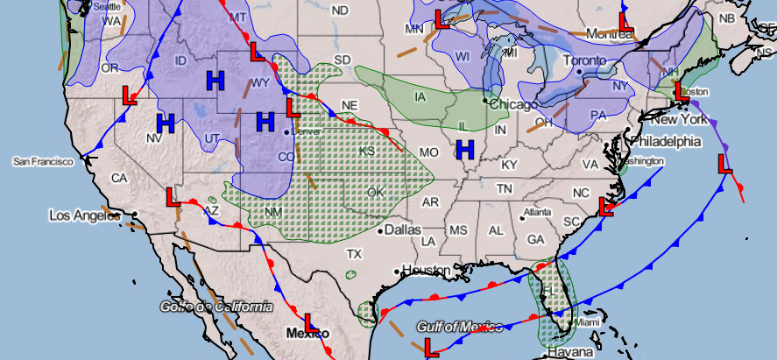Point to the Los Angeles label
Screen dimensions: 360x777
83,215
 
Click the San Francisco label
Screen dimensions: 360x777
46,162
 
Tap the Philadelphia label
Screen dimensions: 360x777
665,140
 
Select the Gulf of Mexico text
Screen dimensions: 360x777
461,327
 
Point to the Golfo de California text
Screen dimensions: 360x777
215,307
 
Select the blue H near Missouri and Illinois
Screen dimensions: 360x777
465,150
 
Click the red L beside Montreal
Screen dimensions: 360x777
625,21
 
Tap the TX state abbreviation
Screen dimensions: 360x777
354,254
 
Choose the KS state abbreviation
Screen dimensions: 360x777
366,152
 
